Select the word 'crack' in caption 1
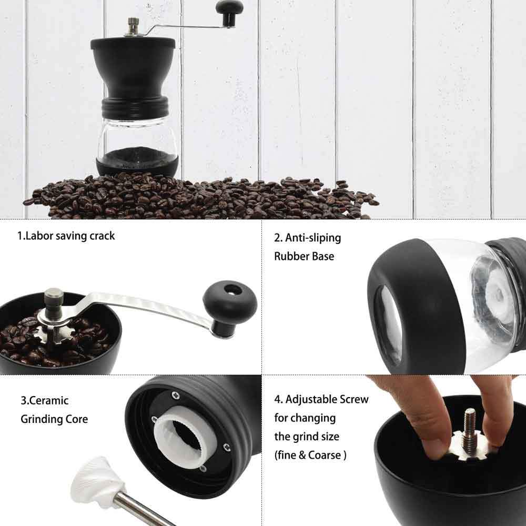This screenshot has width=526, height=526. point(101,236)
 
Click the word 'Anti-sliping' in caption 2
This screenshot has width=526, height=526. point(313,238)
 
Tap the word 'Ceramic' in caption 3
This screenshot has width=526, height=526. point(48,400)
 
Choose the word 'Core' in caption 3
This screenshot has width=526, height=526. point(77,419)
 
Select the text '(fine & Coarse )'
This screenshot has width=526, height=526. point(310,456)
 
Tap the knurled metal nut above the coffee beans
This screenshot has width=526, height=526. point(54,301)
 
